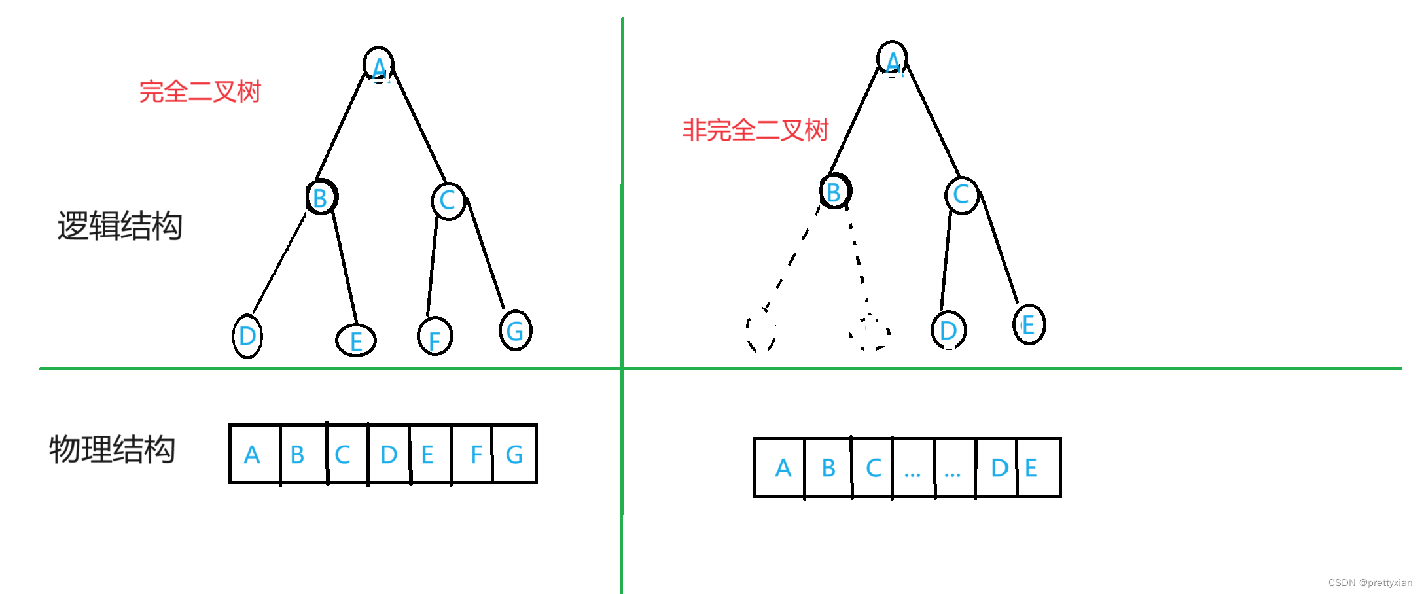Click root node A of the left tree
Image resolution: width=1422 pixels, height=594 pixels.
[x=379, y=65]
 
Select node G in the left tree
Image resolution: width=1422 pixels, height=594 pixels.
[x=516, y=330]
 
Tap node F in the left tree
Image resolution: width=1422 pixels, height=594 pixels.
[x=435, y=336]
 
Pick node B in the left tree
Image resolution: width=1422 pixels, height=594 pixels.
[x=321, y=197]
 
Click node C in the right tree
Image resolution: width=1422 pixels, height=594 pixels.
[x=961, y=194]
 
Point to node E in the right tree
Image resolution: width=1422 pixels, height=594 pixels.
[x=1029, y=324]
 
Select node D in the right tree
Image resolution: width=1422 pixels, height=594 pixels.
[x=948, y=330]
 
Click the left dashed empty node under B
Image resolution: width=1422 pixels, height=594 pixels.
[x=761, y=330]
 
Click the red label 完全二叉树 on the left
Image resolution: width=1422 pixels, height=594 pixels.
[x=200, y=92]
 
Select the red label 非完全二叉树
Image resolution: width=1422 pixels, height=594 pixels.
[x=756, y=130]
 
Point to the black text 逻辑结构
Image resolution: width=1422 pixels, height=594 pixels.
[x=120, y=226]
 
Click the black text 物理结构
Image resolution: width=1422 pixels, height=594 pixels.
[x=113, y=449]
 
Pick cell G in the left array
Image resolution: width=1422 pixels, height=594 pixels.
[x=514, y=454]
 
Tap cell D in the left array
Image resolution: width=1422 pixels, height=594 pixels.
[x=389, y=454]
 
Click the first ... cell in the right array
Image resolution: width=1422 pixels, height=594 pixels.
[x=913, y=468]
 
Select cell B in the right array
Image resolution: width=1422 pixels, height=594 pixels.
[x=828, y=468]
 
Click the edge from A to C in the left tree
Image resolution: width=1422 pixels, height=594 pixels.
[x=419, y=124]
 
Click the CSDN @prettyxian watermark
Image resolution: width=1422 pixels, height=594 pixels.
[x=1370, y=583]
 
